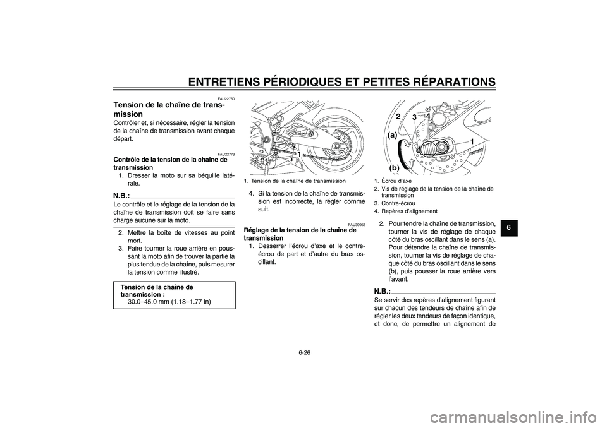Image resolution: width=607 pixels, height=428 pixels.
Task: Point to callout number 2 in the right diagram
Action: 399,117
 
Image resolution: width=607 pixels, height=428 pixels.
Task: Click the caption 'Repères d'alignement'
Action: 408,211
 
